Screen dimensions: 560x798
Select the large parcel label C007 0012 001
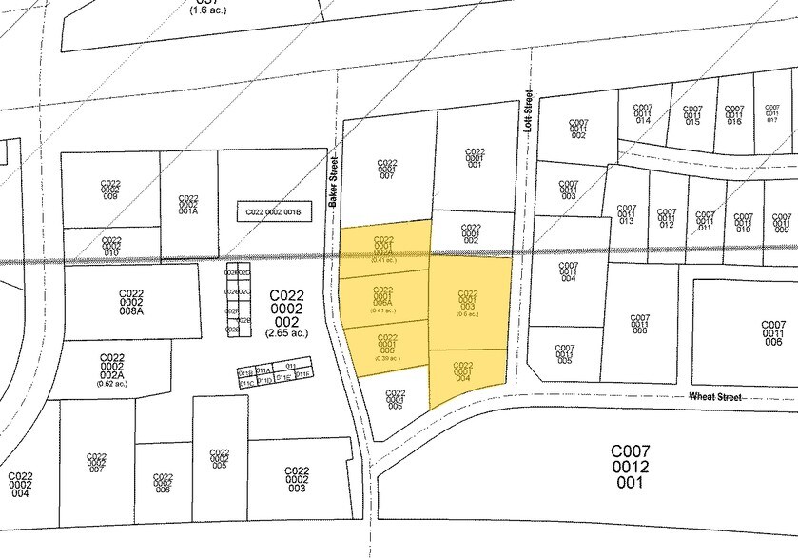point(629,467)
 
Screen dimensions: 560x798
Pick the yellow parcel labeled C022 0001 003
point(467,303)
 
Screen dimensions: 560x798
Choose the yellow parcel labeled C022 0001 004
point(463,372)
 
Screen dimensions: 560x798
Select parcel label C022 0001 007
point(386,169)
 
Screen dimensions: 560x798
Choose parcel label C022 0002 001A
point(187,205)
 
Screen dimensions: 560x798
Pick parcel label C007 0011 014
point(643,114)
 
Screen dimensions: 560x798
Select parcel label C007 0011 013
point(626,213)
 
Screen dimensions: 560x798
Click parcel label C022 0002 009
point(110,189)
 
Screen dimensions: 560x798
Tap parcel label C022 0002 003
point(298,478)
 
